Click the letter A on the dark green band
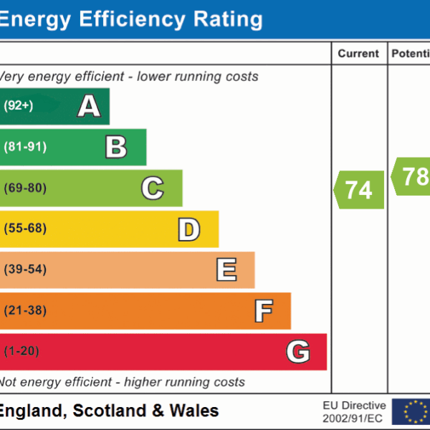pos(89,106)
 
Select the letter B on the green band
pos(116,147)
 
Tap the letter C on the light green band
pos(152,188)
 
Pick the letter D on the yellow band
pos(188,229)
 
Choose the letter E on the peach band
pos(226,270)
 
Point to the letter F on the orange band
pos(263,311)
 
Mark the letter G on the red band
pos(298,352)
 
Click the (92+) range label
pos(18,106)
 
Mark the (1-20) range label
pos(21,352)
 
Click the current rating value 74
pos(359,190)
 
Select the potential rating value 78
pos(415,176)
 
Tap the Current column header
pos(358,54)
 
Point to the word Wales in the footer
pos(194,411)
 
